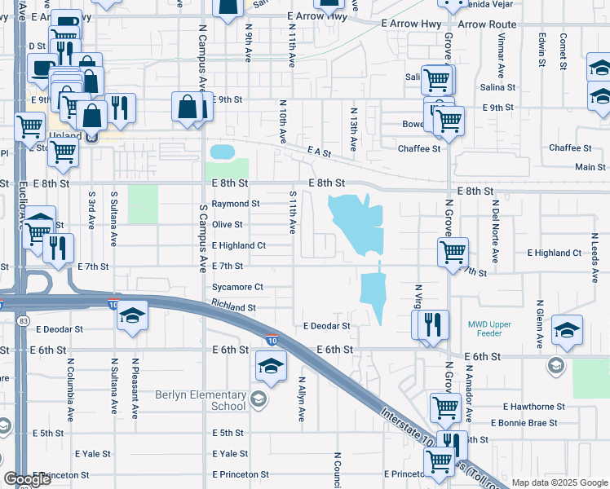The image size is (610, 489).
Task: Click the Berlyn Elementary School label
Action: point(201,400)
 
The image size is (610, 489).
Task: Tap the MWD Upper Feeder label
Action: point(489,329)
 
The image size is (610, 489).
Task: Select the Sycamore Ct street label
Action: point(237,287)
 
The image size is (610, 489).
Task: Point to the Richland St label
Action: point(234,308)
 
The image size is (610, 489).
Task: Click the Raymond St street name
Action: point(236,204)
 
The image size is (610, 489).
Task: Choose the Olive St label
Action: point(228,224)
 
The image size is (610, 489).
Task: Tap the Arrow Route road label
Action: point(487,24)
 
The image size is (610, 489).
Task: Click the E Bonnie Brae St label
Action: point(524,423)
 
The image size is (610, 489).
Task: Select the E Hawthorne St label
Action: point(534,406)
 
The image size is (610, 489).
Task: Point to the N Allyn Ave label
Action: point(302,399)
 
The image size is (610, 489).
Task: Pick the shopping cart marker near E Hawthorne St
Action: point(444,406)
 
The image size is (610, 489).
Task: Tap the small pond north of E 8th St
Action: point(220,152)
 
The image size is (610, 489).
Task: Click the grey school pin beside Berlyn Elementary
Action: point(258,398)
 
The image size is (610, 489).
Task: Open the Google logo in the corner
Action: point(27,479)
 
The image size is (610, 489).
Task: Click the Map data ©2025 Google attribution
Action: point(559,482)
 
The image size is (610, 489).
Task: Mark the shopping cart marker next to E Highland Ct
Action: point(452,251)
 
